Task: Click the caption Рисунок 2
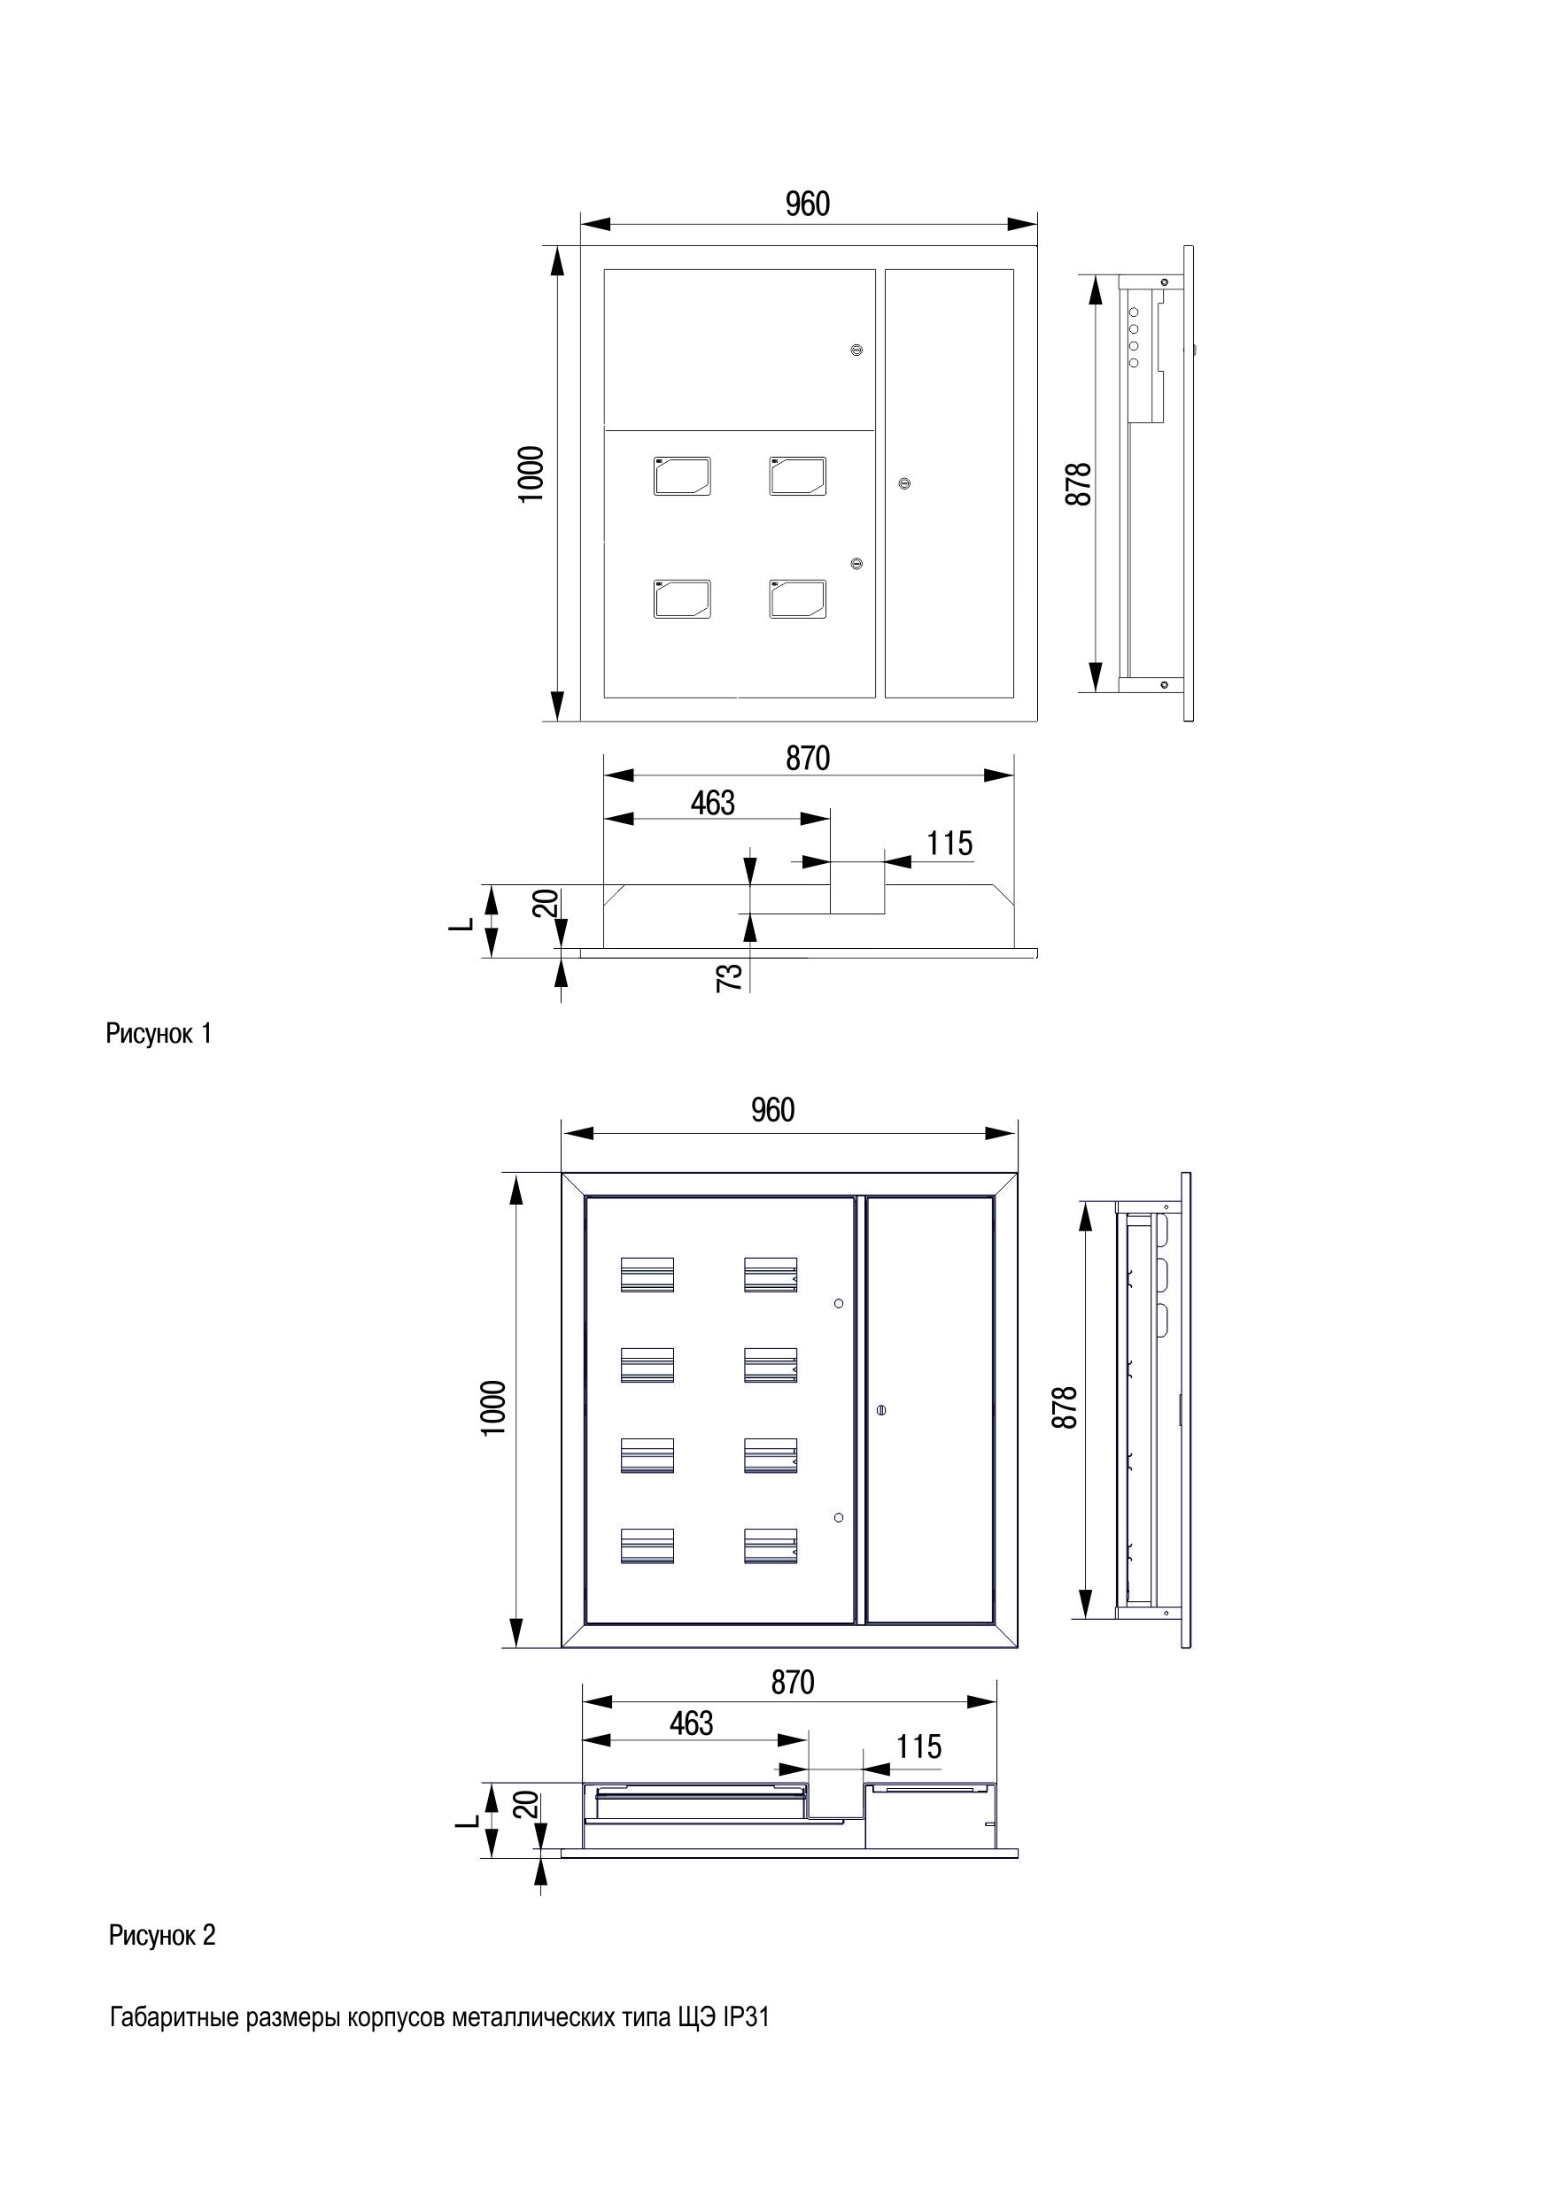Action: (163, 1935)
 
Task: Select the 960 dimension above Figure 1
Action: (807, 204)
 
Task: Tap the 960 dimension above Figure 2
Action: (772, 1110)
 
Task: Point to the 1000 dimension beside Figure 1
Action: (531, 474)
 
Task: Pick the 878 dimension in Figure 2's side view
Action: (1064, 1407)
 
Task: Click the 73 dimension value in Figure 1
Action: (730, 977)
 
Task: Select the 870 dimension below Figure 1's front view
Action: (808, 758)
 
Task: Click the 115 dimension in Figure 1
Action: (949, 843)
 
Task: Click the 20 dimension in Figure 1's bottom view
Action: (546, 903)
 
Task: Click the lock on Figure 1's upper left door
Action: (856, 351)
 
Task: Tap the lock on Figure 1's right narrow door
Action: (903, 483)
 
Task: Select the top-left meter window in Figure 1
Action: (683, 475)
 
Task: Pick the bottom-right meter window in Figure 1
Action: (797, 599)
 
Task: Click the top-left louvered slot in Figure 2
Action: (647, 1275)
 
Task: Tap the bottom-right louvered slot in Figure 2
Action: (771, 1546)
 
